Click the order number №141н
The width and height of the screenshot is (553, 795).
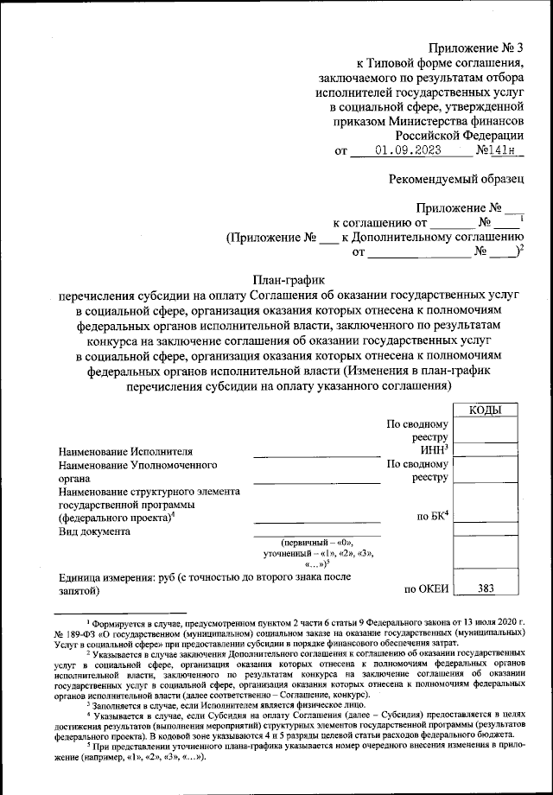pos(500,149)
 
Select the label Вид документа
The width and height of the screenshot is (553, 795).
pos(94,531)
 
